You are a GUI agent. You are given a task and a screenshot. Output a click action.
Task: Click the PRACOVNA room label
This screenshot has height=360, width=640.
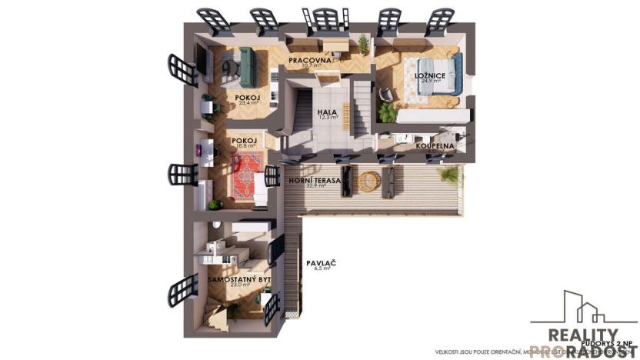310,60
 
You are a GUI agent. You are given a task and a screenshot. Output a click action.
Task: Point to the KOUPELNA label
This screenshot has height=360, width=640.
436,145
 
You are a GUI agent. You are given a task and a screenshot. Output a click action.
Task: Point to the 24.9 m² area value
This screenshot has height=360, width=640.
426,83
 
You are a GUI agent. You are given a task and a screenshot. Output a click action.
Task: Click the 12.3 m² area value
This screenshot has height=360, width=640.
328,119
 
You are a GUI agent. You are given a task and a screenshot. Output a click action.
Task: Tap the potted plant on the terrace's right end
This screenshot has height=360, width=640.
448,176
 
